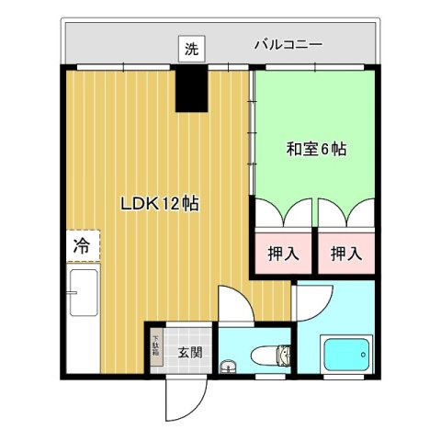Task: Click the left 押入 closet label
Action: point(283,252)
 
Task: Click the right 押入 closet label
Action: point(345,252)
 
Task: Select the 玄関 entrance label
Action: point(190,351)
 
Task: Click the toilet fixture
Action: point(272,354)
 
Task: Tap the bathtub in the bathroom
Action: point(344,354)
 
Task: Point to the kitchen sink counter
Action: point(81,317)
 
